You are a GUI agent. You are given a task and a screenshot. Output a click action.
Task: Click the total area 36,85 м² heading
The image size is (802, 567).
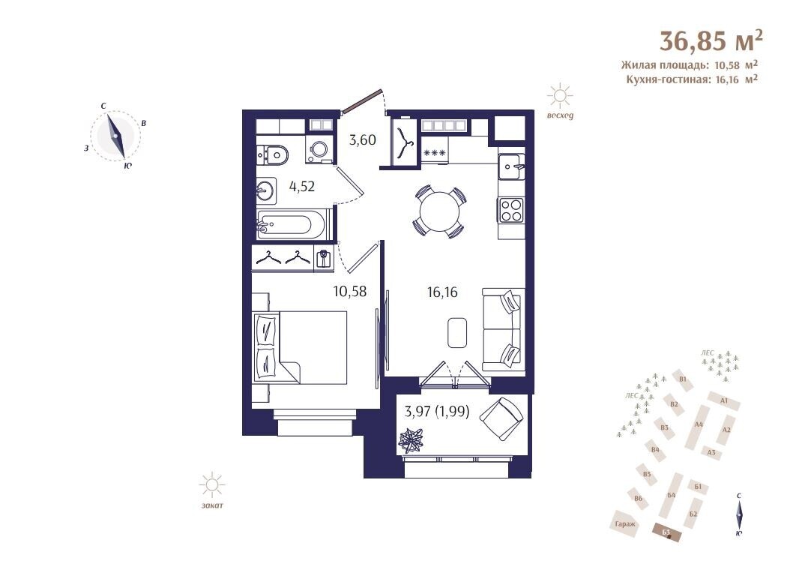(x=711, y=40)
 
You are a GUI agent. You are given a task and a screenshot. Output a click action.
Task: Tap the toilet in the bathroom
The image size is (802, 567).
(x=273, y=154)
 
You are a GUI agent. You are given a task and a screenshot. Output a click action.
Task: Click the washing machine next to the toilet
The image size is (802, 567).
(x=320, y=149)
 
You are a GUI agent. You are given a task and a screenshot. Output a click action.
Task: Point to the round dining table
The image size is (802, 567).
(x=439, y=211)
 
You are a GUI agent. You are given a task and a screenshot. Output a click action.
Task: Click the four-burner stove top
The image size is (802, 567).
(x=511, y=210)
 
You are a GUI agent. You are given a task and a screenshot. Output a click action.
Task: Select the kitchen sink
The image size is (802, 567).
(x=511, y=166)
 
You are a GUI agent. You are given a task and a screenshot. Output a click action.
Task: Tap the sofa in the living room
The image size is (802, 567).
(x=503, y=329)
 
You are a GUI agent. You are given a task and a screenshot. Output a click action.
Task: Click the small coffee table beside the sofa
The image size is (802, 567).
(x=456, y=333)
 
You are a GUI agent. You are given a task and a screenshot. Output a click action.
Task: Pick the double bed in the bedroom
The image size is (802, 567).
(x=301, y=346)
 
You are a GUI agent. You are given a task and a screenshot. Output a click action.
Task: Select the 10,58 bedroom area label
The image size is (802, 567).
(x=350, y=292)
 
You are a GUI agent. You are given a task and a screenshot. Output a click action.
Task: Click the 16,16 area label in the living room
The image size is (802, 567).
(x=442, y=292)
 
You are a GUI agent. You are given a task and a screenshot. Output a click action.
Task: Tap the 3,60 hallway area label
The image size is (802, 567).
(x=363, y=139)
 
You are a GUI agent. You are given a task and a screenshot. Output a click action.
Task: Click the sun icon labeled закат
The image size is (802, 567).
(x=212, y=485)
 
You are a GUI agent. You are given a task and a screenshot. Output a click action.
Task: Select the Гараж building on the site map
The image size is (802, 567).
(x=625, y=523)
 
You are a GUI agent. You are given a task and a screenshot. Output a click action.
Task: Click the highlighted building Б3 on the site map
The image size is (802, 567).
(x=668, y=532)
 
